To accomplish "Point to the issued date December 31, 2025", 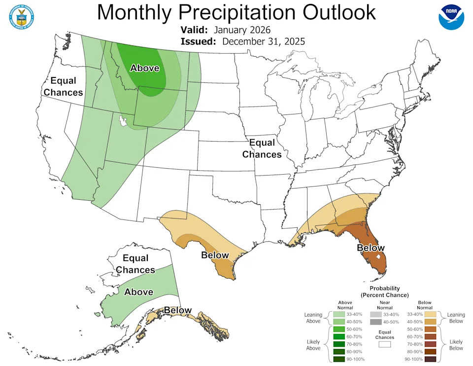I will click(x=263, y=41).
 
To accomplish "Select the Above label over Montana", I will click(x=144, y=68).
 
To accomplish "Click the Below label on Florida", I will click(x=370, y=248).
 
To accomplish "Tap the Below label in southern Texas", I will click(x=215, y=255).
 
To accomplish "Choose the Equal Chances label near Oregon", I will click(x=63, y=86).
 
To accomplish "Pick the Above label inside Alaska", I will click(x=138, y=292).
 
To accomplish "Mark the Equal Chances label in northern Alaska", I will click(x=135, y=264).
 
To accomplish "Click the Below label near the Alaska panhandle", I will click(x=177, y=310).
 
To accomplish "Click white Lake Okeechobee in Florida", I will click(x=379, y=257).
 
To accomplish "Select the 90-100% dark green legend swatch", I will click(x=339, y=359).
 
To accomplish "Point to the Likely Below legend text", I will click(x=456, y=345).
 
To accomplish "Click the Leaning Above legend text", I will click(x=313, y=318).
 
